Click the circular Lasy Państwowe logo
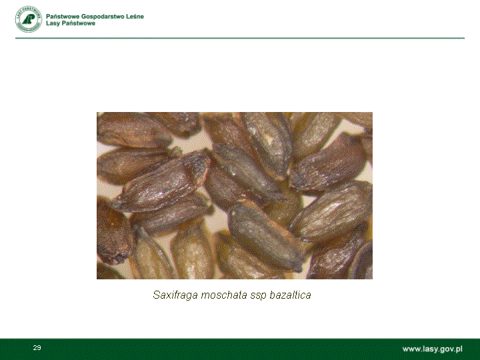pos(29,19)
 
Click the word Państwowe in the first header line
pos(63,17)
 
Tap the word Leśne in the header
pos(135,17)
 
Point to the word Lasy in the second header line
pos(53,23)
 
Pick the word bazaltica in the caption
pos(290,295)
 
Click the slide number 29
pos(37,348)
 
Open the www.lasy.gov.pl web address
pos(432,349)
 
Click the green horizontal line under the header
pos(240,38)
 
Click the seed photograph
pos(235,195)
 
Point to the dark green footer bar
pos(240,349)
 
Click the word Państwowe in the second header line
pos(78,23)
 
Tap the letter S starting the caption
pos(157,295)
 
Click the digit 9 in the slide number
pos(39,348)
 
